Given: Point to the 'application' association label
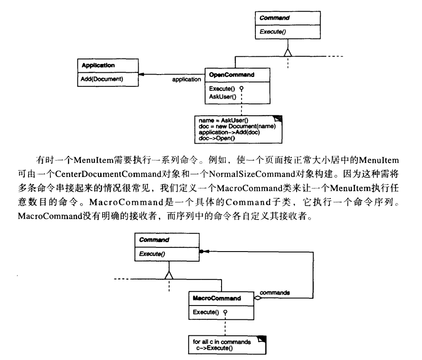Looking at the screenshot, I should tap(186, 80).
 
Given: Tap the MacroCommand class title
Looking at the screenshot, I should tap(211, 298).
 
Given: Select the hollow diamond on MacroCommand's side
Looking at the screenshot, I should tap(258, 298).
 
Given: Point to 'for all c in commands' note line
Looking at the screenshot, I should tap(219, 341).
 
